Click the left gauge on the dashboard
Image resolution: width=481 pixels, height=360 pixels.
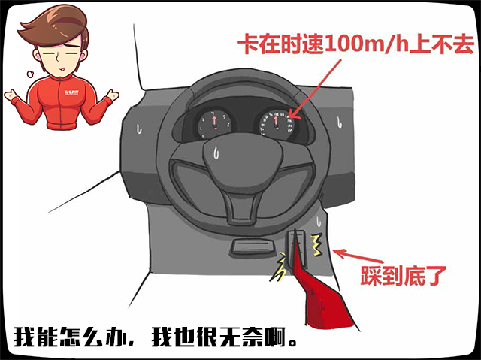click(215, 124)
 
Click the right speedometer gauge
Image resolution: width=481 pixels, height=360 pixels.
click(277, 124)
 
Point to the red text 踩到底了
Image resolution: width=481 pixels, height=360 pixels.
click(403, 276)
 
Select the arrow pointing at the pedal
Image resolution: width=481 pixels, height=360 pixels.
click(358, 256)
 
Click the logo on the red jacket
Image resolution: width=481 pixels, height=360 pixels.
click(71, 92)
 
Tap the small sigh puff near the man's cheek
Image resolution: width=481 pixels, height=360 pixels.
click(30, 74)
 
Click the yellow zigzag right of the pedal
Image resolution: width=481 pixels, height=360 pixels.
click(316, 245)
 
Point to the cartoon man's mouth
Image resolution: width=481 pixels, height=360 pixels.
click(62, 68)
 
